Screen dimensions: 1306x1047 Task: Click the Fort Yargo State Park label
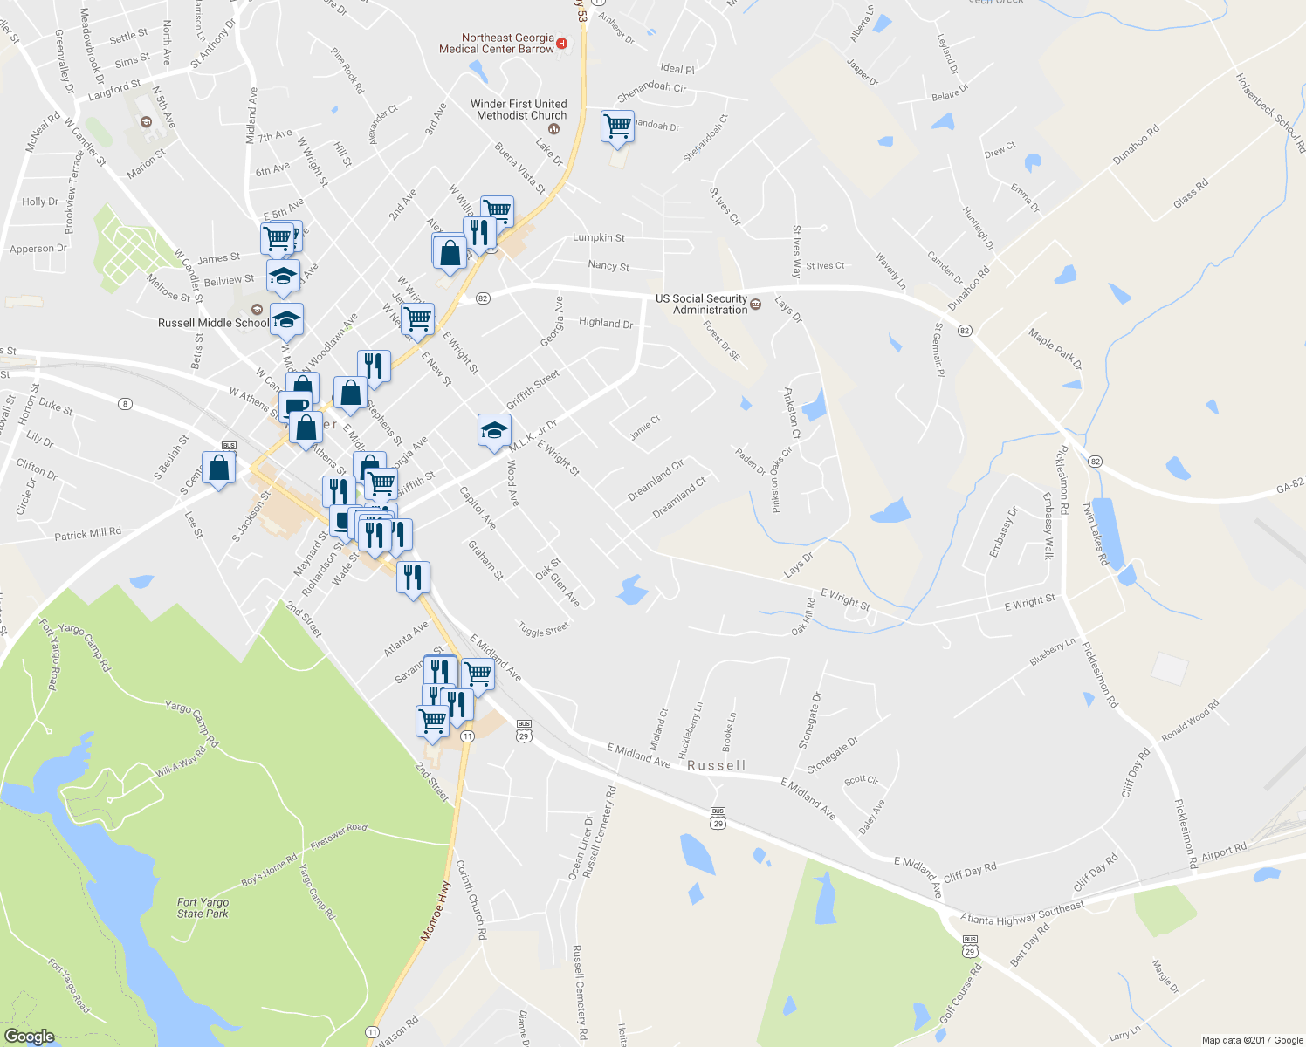pyautogui.click(x=203, y=908)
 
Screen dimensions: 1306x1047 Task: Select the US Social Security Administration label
pyautogui.click(x=702, y=304)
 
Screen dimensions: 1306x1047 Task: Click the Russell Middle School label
pyautogui.click(x=214, y=323)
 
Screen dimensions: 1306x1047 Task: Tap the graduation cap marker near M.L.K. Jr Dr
pyautogui.click(x=494, y=431)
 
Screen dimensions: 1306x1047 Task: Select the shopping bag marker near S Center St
pyautogui.click(x=218, y=469)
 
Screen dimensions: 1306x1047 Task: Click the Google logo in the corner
pyautogui.click(x=29, y=1037)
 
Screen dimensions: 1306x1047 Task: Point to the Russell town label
pyautogui.click(x=717, y=765)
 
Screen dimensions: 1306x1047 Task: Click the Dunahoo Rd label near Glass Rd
pyautogui.click(x=1136, y=145)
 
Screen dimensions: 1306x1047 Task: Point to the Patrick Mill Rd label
pyautogui.click(x=87, y=533)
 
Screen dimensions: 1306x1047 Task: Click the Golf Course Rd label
pyautogui.click(x=960, y=994)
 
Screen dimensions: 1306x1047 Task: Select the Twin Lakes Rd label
pyautogui.click(x=1095, y=534)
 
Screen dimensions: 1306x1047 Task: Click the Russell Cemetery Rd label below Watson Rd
pyautogui.click(x=580, y=993)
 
